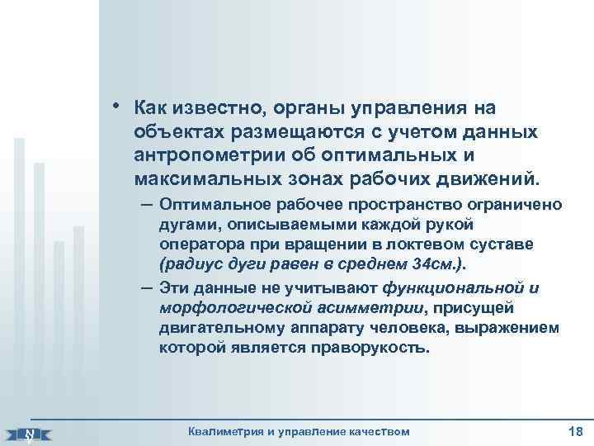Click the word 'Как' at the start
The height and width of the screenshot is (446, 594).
point(152,109)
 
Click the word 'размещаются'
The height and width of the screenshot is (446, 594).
point(294,132)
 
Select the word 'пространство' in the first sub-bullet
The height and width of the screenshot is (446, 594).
point(386,203)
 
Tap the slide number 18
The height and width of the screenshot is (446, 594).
point(575,430)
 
